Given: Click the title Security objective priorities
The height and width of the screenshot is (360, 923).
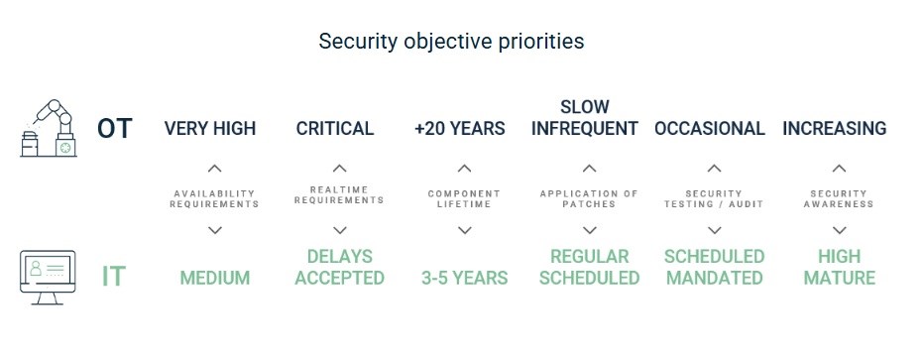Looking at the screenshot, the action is (451, 42).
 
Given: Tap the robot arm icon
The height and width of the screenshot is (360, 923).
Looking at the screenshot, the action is (49, 128).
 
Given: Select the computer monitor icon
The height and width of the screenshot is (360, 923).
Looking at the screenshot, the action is (48, 277).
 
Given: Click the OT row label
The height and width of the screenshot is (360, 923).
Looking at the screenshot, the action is (115, 129).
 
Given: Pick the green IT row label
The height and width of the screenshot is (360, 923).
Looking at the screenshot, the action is (114, 277).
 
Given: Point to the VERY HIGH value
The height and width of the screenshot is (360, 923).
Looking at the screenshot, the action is (210, 129).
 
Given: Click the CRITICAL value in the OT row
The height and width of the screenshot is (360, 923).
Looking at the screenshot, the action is (335, 129).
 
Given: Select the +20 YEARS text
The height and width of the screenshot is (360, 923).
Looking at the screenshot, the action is (460, 129).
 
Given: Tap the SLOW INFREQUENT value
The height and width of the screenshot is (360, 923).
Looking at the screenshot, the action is (585, 117).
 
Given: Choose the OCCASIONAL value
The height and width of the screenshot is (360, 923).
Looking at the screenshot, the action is (710, 129).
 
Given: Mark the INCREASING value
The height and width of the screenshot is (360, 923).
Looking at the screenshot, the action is (835, 129).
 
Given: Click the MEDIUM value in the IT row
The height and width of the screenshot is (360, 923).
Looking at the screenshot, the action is (215, 278).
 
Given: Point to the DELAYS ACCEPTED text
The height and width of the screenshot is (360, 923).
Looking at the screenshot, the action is (340, 267).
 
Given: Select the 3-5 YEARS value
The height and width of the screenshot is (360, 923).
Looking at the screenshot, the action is (464, 278).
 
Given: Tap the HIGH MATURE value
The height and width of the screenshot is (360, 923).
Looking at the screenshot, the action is (840, 267).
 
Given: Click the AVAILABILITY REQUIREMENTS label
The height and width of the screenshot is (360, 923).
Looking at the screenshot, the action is (214, 199).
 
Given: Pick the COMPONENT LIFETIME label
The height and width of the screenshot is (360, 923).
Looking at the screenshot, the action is (464, 199).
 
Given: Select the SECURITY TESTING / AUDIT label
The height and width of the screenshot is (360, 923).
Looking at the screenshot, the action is (714, 199).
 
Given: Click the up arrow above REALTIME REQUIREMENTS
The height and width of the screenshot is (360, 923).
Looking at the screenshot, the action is (340, 169).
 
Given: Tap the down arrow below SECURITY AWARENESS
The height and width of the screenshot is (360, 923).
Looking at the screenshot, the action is (840, 230).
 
